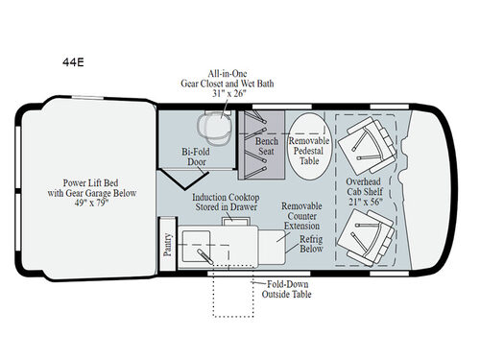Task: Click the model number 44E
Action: pos(73,62)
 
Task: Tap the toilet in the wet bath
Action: pos(214,129)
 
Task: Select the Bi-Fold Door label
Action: pos(196,156)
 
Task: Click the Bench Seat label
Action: pos(266,146)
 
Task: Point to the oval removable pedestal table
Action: pos(309,146)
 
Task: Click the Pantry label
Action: pos(168,245)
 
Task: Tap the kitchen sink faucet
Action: pos(205,256)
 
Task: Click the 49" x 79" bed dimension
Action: pos(92,203)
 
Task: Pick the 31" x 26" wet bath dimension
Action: pos(229,93)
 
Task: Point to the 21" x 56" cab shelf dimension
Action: pos(366,202)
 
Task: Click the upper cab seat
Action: pos(368,146)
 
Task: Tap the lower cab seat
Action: pos(366,238)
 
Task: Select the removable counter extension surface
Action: pos(272,247)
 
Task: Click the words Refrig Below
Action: pos(311,244)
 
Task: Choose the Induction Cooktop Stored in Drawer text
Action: pos(226,202)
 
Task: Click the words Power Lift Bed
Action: pos(90,183)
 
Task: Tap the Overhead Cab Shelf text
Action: pos(364,186)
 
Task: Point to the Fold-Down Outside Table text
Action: pos(287,289)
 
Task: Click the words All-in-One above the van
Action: pos(228,74)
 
